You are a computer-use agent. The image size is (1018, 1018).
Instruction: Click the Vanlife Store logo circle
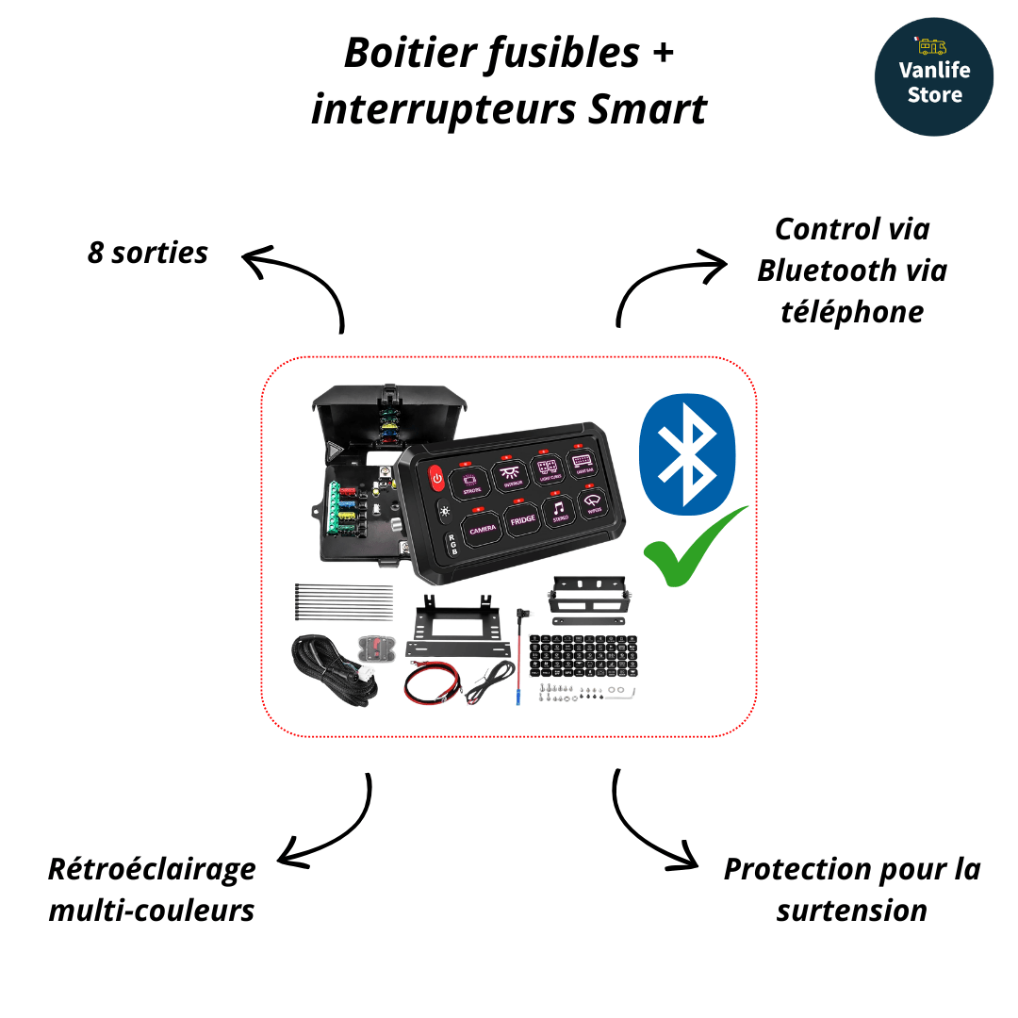click(x=933, y=76)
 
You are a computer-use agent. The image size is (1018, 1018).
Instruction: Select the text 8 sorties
click(x=148, y=254)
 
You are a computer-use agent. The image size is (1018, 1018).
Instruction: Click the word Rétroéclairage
click(x=152, y=868)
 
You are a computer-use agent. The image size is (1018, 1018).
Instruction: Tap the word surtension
click(x=852, y=911)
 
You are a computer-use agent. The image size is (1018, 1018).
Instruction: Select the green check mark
click(x=693, y=548)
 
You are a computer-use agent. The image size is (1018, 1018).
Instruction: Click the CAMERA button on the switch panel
click(x=481, y=527)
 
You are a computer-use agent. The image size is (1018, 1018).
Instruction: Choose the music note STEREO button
click(x=561, y=510)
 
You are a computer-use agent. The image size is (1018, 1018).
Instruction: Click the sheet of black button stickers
click(x=574, y=657)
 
